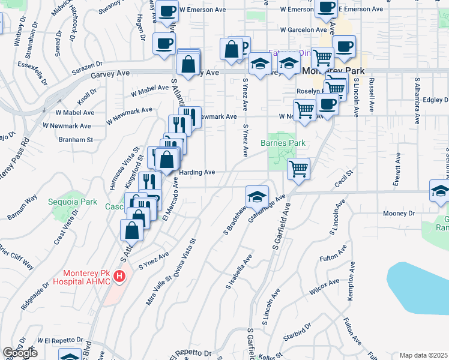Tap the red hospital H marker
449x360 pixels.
pos(119,277)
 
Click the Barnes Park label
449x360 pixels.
pos(283,143)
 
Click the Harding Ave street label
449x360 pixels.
pos(197,172)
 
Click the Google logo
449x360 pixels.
pos(20,353)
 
